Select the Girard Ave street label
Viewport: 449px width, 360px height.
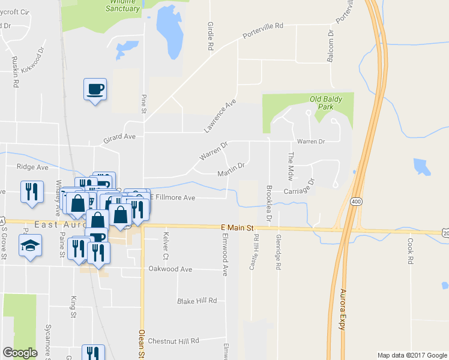pos(120,137)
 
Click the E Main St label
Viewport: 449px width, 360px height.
pos(238,227)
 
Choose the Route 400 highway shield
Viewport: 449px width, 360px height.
pos(356,201)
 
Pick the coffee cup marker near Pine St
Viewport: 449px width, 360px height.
pos(95,90)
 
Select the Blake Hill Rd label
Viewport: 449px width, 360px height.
pos(197,301)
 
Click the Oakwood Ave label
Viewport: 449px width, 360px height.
pos(170,269)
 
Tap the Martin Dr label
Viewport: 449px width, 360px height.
pos(231,170)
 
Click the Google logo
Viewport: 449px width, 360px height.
pos(20,353)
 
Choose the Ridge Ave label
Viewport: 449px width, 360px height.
pos(32,167)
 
